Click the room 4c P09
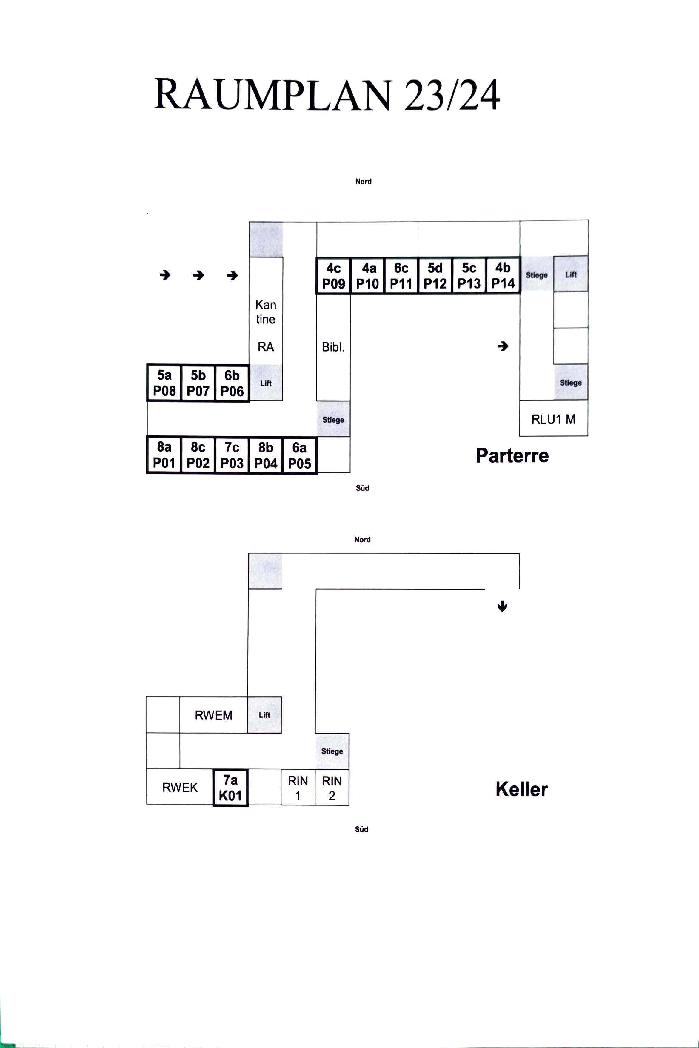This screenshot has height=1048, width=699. pyautogui.click(x=333, y=276)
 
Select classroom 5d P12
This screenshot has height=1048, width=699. pyautogui.click(x=435, y=276)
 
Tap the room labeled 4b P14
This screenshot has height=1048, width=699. pyautogui.click(x=503, y=276)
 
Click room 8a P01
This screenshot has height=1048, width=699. pyautogui.click(x=164, y=455)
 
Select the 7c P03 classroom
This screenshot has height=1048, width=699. pyautogui.click(x=232, y=455)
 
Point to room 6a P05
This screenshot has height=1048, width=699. pyautogui.click(x=300, y=455)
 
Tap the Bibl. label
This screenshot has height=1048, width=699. pyautogui.click(x=333, y=347)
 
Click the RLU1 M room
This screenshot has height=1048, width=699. pyautogui.click(x=554, y=418)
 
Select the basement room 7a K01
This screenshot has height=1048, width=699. pyautogui.click(x=230, y=788)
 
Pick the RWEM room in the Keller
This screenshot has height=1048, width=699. pyautogui.click(x=213, y=715)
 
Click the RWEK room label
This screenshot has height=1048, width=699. pyautogui.click(x=180, y=788)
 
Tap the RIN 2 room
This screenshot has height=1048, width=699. pyautogui.click(x=332, y=788)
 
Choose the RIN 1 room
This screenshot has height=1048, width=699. pyautogui.click(x=298, y=788)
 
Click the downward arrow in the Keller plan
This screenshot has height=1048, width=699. pyautogui.click(x=502, y=606)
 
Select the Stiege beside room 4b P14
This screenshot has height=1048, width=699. pyautogui.click(x=537, y=275)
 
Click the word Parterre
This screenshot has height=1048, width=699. pyautogui.click(x=512, y=455)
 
